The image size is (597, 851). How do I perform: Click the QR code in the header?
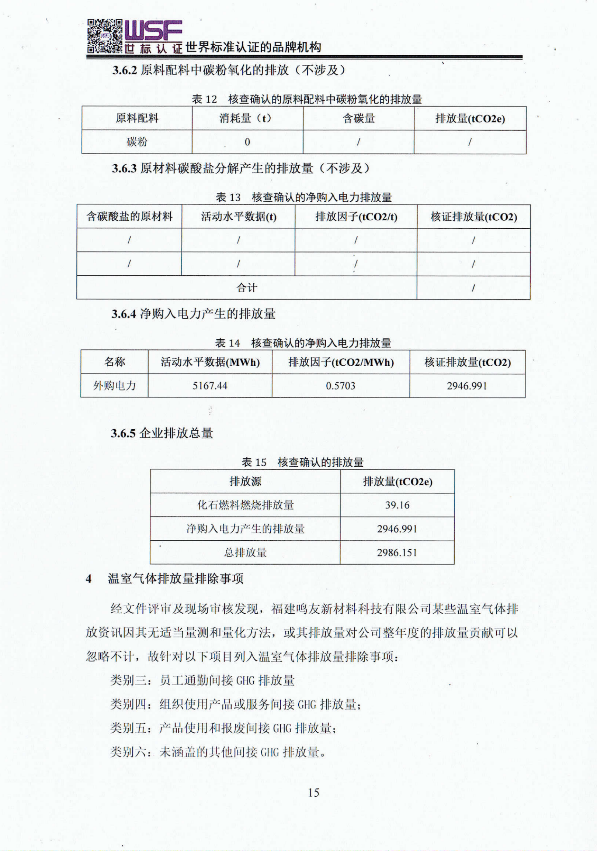(104, 36)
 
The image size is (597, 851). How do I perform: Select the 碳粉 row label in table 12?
(137, 142)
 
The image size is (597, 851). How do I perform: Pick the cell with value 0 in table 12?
(247, 142)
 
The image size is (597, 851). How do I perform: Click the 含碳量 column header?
(358, 118)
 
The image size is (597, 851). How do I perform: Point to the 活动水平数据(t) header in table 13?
(239, 217)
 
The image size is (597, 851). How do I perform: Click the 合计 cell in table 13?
(247, 287)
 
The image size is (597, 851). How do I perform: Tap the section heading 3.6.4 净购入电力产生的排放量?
(193, 314)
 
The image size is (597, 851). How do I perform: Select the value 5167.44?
(209, 386)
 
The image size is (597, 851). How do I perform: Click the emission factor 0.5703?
(340, 386)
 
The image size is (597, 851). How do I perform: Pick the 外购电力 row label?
(114, 386)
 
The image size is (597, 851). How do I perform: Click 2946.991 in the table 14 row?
(466, 386)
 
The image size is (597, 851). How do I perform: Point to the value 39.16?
(397, 505)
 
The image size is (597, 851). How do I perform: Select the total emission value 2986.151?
(397, 552)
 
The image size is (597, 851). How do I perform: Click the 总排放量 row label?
(245, 552)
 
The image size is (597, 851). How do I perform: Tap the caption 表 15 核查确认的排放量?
(302, 462)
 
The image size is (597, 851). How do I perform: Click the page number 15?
(313, 792)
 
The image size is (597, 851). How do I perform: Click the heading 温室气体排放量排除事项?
(176, 579)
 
